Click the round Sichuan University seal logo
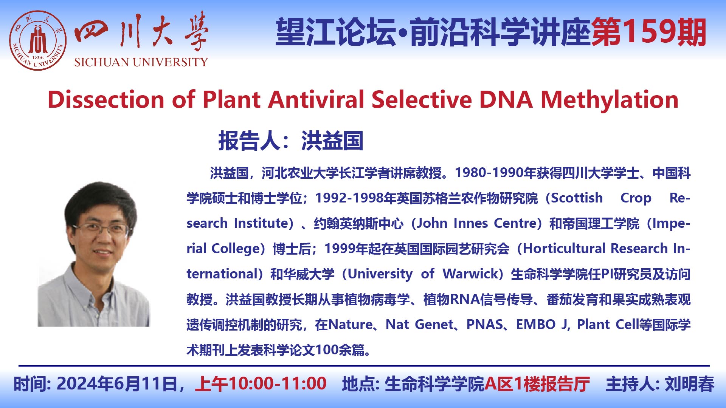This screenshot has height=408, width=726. [38, 40]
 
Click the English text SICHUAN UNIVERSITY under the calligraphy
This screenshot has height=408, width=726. [141, 62]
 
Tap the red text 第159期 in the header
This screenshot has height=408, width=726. [649, 32]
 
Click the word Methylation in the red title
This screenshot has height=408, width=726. [610, 100]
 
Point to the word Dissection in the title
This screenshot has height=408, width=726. [106, 100]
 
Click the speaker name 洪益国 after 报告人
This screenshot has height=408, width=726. [332, 141]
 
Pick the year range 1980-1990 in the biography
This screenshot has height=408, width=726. [490, 173]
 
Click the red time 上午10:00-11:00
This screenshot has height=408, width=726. [261, 384]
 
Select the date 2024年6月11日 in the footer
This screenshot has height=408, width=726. [117, 384]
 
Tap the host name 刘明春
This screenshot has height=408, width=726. [689, 384]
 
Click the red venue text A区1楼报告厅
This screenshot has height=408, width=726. [537, 384]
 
